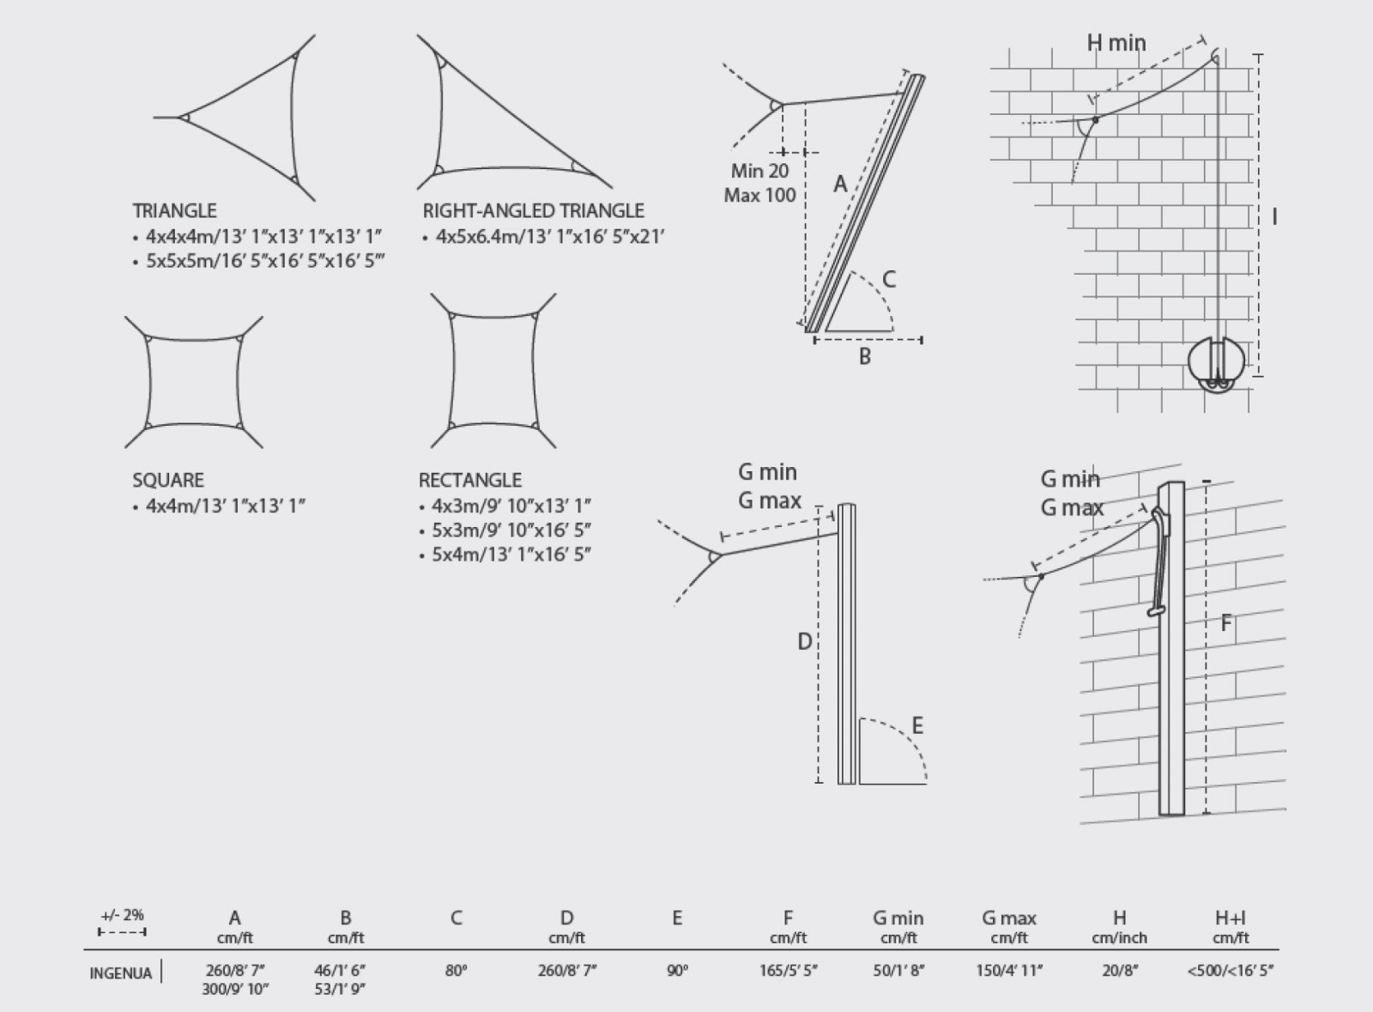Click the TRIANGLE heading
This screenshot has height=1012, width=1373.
coord(175,211)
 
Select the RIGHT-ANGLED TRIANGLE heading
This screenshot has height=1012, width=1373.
coord(533,211)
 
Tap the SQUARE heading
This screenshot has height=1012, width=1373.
coord(168,480)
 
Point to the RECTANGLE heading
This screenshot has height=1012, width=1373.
coord(470,480)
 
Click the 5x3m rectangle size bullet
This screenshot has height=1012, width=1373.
coord(505,530)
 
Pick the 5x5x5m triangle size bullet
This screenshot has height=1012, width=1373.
coord(258,261)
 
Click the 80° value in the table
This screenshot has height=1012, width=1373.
coord(456,970)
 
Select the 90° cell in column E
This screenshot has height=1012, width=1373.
coord(677,970)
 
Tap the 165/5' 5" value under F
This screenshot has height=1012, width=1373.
coord(788,970)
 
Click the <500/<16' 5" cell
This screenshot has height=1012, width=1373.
coord(1231,970)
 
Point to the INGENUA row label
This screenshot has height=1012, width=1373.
coord(121,973)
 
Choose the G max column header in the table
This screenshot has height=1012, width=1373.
coord(1009,918)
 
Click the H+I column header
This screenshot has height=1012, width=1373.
coord(1231,918)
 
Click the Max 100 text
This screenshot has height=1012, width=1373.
coord(760,196)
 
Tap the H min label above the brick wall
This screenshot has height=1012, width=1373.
coord(1116,43)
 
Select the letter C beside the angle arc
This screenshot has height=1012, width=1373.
coord(889,280)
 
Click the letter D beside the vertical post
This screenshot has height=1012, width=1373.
coord(804,642)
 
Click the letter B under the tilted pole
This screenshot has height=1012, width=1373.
coord(865,357)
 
